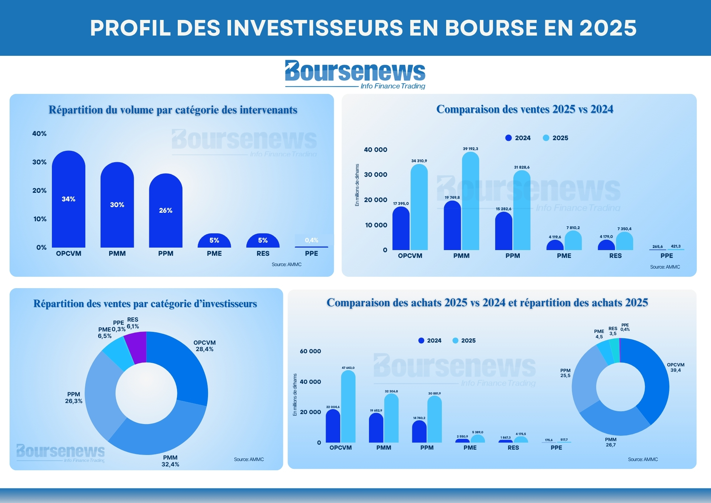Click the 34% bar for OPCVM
(69, 199)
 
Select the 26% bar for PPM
(166, 210)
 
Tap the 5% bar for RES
(263, 240)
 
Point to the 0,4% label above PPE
(311, 240)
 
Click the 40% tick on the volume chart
(39, 134)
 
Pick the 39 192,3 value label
(470, 149)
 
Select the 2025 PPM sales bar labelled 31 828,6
(522, 210)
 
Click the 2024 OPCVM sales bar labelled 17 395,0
(401, 228)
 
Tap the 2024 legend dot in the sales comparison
(508, 138)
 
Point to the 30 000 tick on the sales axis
(375, 175)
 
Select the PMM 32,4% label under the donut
(170, 461)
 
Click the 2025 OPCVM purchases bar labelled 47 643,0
(348, 406)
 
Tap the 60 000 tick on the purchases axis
(310, 351)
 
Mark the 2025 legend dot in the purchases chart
(455, 340)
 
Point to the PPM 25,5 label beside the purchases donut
(565, 373)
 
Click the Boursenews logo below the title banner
(355, 75)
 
